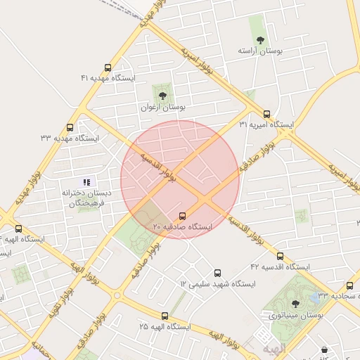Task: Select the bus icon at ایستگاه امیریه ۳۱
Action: pos(266,114)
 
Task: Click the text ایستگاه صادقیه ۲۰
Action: pos(182,227)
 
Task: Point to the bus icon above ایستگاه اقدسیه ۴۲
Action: pos(280,257)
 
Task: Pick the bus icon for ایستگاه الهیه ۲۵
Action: pos(165,316)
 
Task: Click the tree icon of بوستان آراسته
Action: pos(261,40)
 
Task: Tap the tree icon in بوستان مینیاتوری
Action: pos(294,304)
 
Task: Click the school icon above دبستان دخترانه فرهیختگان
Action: pos(86,182)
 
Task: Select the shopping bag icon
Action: pos(324,349)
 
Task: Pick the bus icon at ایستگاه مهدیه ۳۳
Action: pos(70,128)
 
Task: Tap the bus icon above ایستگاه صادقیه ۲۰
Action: pos(183,216)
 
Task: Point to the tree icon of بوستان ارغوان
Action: pos(162,94)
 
